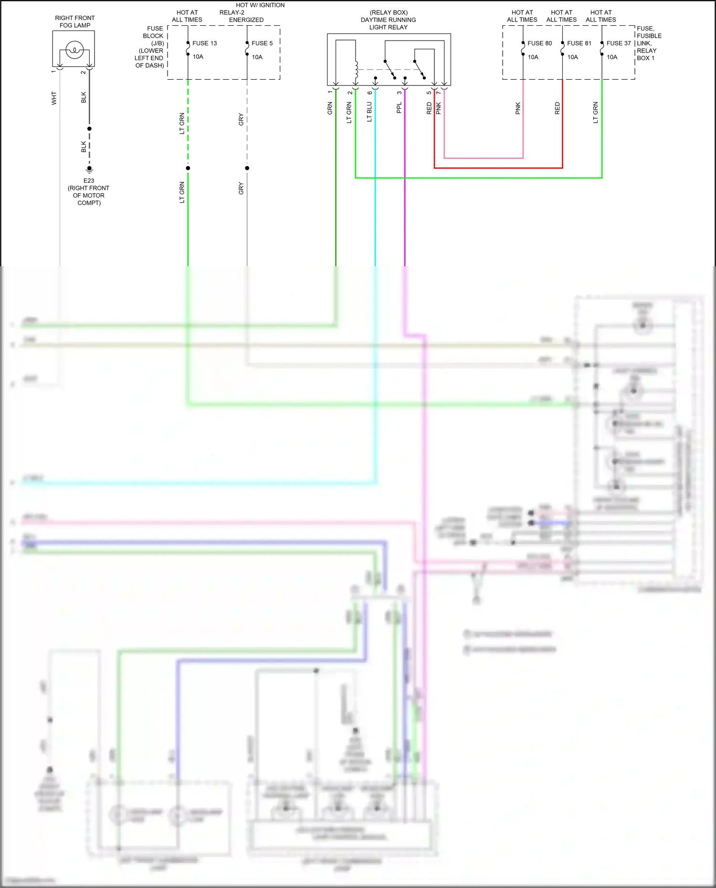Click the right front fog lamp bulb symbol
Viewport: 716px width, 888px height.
click(x=74, y=50)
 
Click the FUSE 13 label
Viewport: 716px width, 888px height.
click(x=204, y=43)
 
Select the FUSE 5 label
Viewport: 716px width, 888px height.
click(x=262, y=43)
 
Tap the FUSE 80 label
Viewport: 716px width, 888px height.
click(x=539, y=43)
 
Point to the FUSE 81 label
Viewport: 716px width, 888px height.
click(x=579, y=43)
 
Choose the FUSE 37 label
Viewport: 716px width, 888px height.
click(x=619, y=43)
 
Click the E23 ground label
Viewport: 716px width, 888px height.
click(x=89, y=181)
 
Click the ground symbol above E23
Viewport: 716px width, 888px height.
click(x=89, y=169)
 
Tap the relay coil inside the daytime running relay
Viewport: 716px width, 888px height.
click(x=356, y=70)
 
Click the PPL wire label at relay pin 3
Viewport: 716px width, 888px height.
click(x=399, y=108)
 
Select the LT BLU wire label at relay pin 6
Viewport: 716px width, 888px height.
click(x=369, y=112)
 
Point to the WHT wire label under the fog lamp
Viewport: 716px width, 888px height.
click(x=54, y=98)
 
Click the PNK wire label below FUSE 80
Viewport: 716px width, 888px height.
click(x=518, y=108)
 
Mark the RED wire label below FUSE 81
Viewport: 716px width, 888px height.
click(x=557, y=108)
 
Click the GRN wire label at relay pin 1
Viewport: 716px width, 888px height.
click(x=330, y=108)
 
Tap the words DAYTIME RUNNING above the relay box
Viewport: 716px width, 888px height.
click(x=388, y=20)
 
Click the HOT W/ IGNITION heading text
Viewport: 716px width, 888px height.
click(x=260, y=5)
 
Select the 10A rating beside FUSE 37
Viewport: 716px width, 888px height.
click(x=612, y=57)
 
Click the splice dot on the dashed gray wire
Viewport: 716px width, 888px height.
click(x=247, y=168)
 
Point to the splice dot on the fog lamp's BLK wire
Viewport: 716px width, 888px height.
click(x=89, y=129)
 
